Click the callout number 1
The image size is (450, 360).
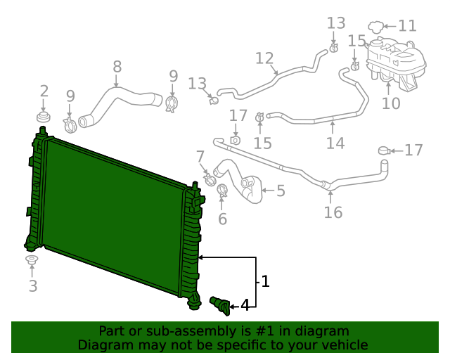265,282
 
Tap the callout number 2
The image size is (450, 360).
44,91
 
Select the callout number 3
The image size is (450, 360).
32,285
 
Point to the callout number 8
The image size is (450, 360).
117,67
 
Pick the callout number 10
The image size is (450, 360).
391,103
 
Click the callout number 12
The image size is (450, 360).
264,58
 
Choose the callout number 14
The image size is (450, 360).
335,143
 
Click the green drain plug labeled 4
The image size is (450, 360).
220,304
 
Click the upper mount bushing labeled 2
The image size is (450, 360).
44,115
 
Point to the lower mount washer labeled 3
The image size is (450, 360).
32,262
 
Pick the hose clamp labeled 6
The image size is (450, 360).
222,190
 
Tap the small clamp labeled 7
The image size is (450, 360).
210,180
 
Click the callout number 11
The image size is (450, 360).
407,26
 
